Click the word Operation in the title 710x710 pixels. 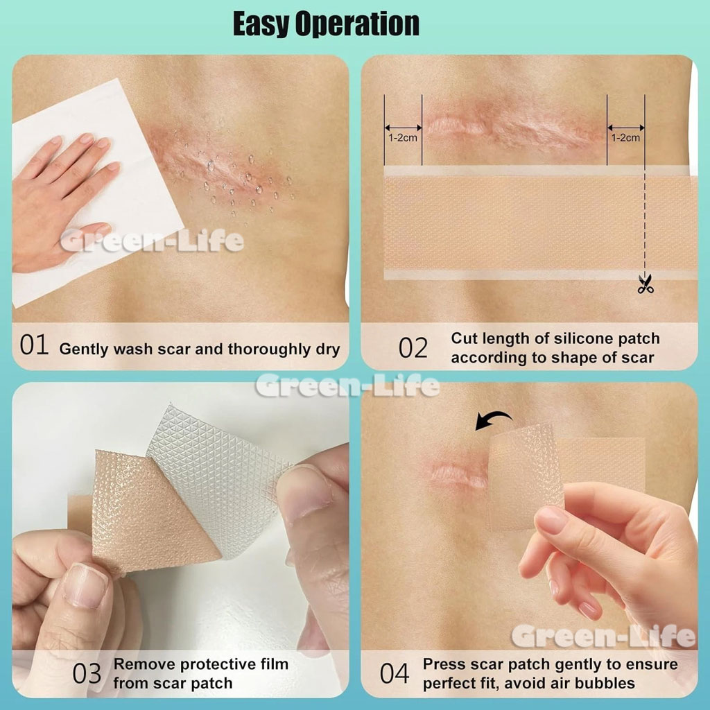click(x=357, y=24)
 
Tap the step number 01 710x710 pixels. click(x=34, y=345)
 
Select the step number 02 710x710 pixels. click(x=413, y=348)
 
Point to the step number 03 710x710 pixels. click(x=87, y=674)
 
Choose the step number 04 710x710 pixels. click(x=395, y=673)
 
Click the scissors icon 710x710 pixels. click(x=646, y=284)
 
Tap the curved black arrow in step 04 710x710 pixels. click(x=493, y=420)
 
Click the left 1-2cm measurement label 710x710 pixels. click(x=403, y=138)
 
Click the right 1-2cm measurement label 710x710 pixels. click(x=626, y=138)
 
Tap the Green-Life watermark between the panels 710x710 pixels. click(x=347, y=386)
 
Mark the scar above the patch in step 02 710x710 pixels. click(x=507, y=125)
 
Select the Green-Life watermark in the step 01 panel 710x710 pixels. click(x=152, y=241)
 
